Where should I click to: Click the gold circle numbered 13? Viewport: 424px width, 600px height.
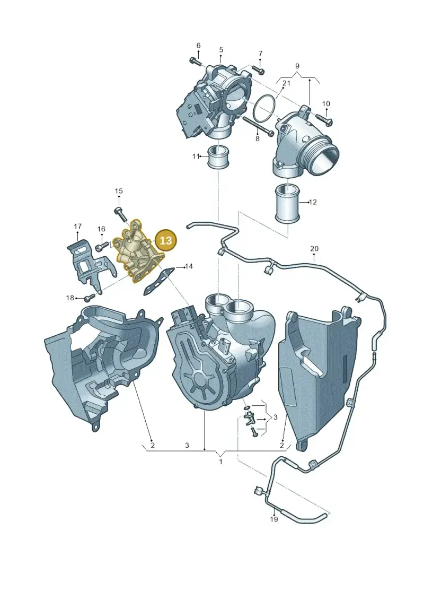click(166, 240)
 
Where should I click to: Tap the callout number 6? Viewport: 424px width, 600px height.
click(198, 46)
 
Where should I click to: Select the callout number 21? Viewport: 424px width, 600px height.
click(286, 83)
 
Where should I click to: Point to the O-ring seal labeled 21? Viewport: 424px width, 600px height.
click(264, 109)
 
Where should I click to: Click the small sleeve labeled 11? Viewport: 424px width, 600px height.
click(218, 157)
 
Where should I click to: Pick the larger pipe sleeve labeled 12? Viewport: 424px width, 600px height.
click(287, 203)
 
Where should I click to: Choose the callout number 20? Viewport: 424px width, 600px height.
click(314, 248)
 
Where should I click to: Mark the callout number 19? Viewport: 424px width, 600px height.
click(274, 519)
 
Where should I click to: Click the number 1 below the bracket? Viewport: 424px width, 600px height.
click(220, 462)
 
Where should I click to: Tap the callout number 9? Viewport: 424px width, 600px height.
click(297, 66)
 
